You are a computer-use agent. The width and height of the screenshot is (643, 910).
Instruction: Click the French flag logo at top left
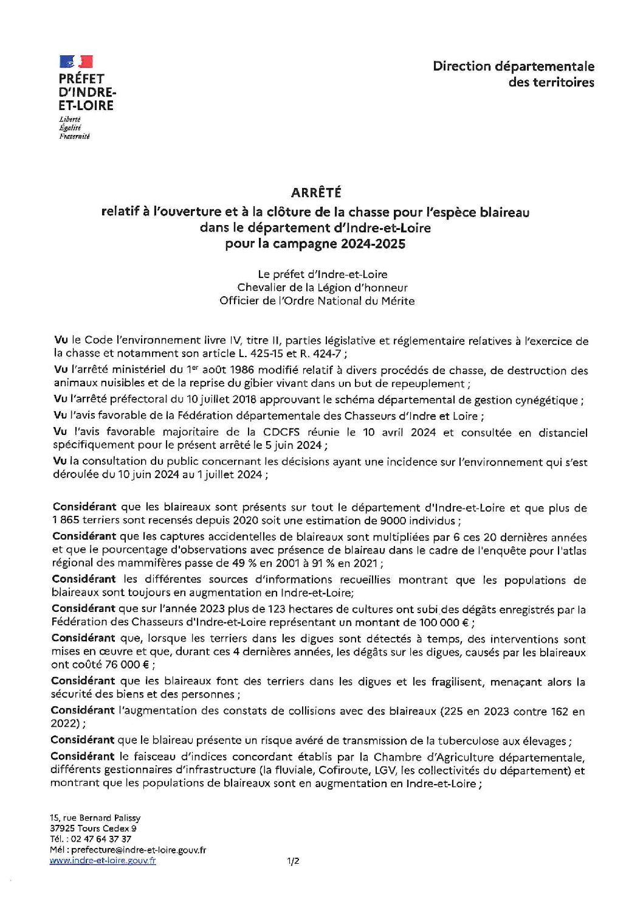coord(76,61)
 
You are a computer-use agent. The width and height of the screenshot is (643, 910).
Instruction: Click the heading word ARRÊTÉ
coord(316,192)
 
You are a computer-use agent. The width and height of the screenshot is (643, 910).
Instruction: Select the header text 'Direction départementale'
coord(514,66)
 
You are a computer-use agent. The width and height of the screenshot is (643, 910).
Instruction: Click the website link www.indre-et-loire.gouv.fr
coord(103,861)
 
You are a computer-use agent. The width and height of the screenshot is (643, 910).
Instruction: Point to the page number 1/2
coord(294,861)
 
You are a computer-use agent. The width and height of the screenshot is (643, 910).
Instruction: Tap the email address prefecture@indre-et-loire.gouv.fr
coord(139,850)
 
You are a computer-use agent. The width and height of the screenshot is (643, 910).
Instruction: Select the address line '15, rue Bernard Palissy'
coord(95,818)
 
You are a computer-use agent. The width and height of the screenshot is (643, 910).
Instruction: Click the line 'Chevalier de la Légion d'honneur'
coord(322,287)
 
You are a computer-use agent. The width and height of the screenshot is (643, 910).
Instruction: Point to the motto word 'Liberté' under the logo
coord(70,119)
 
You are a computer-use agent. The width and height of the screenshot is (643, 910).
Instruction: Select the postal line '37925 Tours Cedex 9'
coord(93,828)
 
